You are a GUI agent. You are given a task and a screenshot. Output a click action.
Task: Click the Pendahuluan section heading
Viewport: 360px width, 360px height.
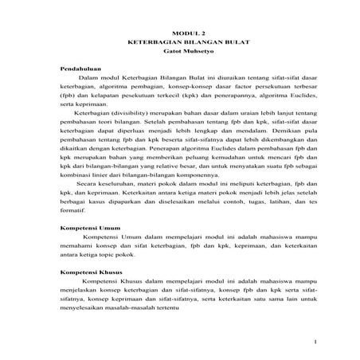82,70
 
